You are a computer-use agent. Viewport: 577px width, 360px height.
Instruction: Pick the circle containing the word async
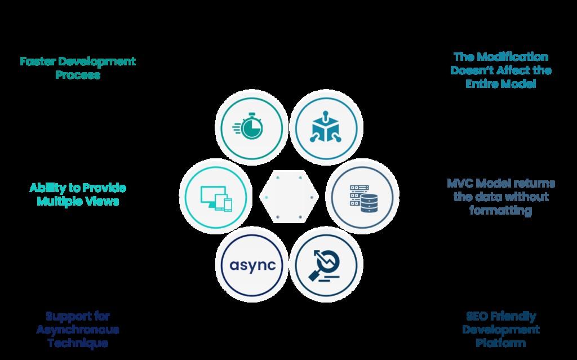pos(249,264)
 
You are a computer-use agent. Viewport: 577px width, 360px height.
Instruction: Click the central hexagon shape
pos(289,197)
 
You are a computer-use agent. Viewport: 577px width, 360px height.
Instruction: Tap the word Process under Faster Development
pos(78,75)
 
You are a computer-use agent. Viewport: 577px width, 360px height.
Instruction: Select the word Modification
pos(514,57)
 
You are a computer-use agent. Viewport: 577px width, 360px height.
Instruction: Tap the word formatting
pos(501,211)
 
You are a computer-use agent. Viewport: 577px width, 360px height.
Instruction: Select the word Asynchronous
pos(78,330)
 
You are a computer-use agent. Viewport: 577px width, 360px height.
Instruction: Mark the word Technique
pos(78,343)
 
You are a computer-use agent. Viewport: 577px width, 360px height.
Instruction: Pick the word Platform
pos(501,343)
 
